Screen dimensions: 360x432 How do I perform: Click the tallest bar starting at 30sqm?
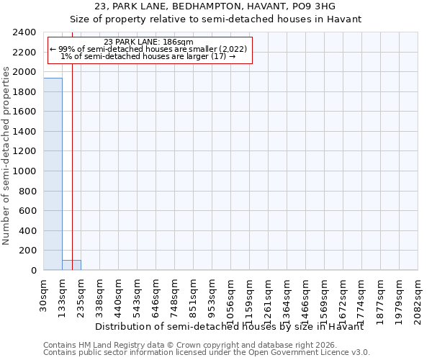[53, 174]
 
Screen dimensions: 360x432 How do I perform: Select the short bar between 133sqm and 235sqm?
[71, 265]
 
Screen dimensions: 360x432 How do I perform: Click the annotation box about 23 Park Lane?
[148, 50]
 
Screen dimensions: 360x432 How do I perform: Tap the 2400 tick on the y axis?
[25, 33]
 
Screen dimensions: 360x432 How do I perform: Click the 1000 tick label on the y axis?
[25, 171]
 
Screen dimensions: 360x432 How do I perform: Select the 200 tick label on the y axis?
[28, 251]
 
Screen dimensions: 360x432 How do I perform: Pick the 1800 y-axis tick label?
[25, 92]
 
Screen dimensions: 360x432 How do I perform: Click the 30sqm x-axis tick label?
[44, 292]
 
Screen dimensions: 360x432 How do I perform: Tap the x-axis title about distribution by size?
[229, 327]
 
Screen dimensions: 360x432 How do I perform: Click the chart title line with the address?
[215, 6]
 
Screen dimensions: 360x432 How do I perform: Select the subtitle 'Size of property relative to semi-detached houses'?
[215, 19]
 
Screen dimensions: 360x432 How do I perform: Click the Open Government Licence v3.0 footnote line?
[207, 353]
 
